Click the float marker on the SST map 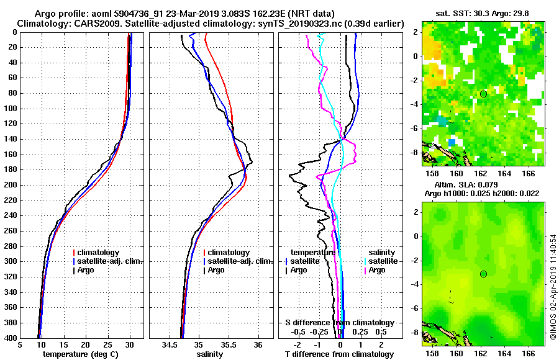pos(483,94)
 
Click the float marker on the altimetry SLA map pos(483,274)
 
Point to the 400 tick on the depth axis pos(12,338)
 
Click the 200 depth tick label pos(12,185)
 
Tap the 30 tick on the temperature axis pos(130,345)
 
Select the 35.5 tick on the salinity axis pos(228,345)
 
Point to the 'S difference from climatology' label pos(340,323)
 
